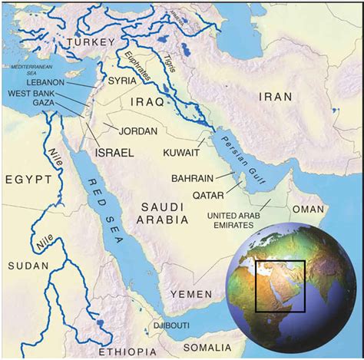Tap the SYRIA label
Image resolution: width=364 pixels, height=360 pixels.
(x=124, y=80)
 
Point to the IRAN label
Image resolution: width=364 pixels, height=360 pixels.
(x=274, y=97)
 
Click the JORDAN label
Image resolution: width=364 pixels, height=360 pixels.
(x=139, y=130)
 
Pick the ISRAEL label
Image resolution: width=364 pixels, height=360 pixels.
(x=114, y=153)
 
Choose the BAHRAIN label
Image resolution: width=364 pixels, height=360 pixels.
(x=194, y=178)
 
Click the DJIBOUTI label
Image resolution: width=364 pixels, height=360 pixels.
(x=173, y=325)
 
